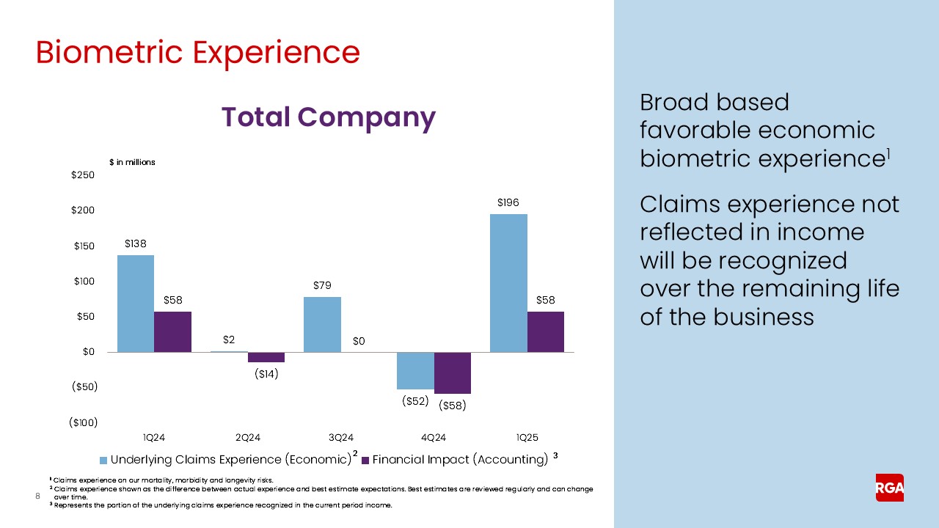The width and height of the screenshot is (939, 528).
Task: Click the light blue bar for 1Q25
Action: click(508, 283)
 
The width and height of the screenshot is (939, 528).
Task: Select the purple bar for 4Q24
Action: click(453, 373)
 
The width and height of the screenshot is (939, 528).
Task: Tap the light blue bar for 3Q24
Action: click(322, 324)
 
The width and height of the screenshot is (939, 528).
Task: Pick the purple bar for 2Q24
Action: click(266, 357)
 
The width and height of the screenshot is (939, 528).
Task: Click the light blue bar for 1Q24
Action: click(136, 304)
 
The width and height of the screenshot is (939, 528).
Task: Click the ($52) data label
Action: click(415, 401)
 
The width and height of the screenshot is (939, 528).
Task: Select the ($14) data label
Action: click(266, 374)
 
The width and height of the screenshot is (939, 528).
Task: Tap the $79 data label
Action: click(322, 285)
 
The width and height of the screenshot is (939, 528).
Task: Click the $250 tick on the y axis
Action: click(82, 175)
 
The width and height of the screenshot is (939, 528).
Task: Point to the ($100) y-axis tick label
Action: click(83, 422)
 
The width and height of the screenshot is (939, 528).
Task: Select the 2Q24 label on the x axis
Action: click(247, 438)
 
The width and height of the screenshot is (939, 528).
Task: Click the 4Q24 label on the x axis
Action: click(434, 438)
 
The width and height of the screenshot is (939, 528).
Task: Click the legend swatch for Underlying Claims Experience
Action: click(103, 461)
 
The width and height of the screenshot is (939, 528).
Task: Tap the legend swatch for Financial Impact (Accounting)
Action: click(366, 461)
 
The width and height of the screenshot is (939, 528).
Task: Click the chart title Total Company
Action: click(328, 117)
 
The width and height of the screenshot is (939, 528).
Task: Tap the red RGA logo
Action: click(889, 488)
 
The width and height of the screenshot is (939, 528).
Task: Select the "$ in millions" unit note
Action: click(132, 162)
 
